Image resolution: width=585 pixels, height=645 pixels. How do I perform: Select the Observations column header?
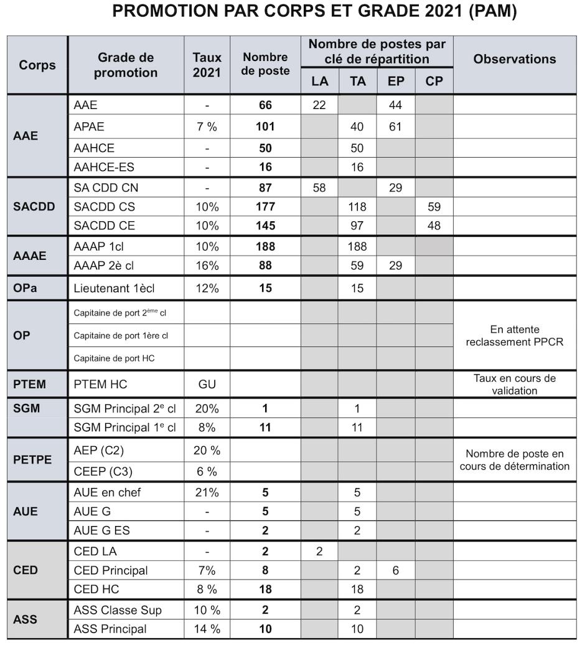515,59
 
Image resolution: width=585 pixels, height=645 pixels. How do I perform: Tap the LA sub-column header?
319,81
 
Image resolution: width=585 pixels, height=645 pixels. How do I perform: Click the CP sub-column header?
434,81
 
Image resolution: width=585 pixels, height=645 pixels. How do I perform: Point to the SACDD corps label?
34,207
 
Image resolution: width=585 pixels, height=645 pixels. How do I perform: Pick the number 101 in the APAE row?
266,127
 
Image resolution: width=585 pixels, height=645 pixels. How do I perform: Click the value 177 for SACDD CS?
266,207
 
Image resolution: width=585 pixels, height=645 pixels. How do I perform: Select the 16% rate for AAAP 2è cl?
207,265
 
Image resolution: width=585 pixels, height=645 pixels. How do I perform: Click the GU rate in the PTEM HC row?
207,385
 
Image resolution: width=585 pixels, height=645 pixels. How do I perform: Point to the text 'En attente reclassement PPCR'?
515,335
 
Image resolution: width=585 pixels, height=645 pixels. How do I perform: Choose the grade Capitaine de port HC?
114,358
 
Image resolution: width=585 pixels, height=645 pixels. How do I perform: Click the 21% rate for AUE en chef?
207,492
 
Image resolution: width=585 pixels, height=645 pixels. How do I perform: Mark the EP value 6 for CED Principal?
396,570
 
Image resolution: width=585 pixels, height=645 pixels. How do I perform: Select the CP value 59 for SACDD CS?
434,207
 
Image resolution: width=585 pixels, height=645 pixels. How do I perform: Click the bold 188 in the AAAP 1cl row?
266,247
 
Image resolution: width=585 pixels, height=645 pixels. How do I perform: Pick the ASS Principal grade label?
110,629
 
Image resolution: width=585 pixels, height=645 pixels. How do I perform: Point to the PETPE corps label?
32,460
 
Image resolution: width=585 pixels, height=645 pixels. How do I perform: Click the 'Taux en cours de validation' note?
515,385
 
